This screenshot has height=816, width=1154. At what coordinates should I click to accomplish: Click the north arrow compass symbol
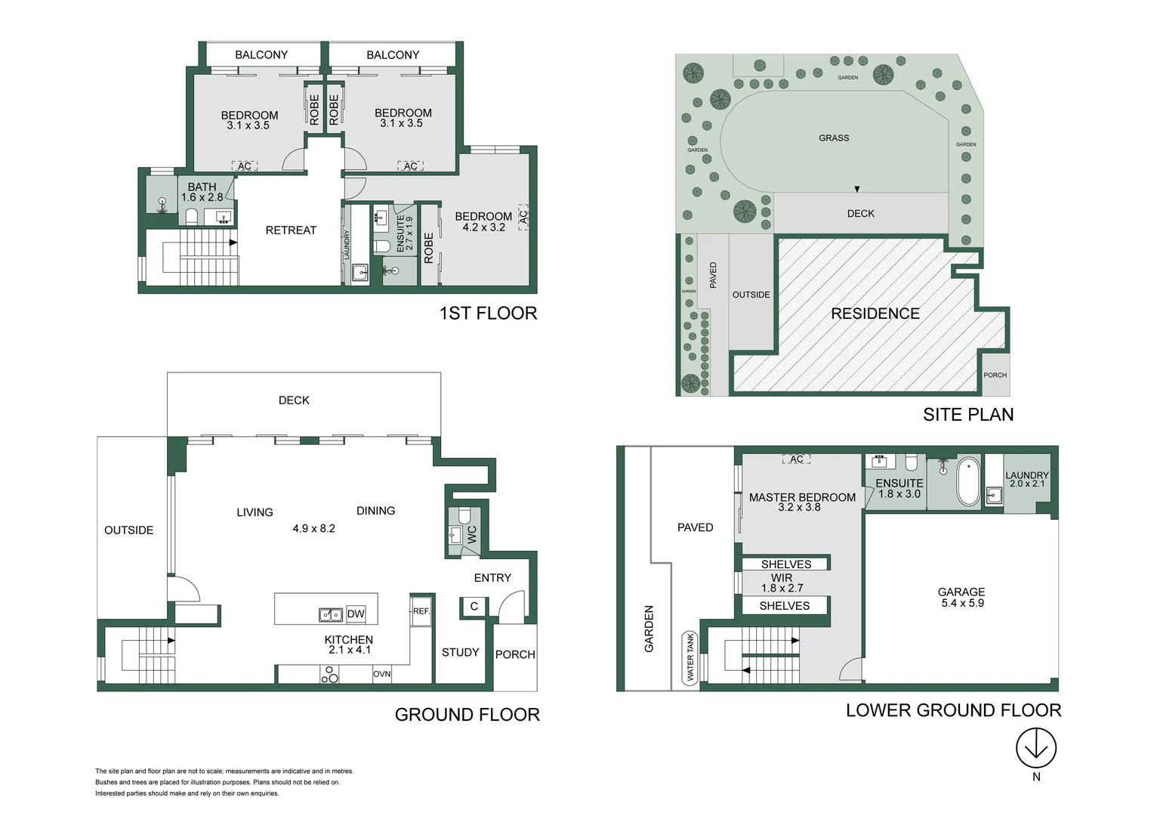point(1035,748)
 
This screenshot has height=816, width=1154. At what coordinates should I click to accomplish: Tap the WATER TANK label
point(690,657)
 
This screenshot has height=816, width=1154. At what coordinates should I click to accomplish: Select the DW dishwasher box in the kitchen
point(355,614)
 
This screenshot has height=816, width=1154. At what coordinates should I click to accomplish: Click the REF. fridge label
point(421,611)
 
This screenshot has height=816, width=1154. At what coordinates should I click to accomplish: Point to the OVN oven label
point(382,674)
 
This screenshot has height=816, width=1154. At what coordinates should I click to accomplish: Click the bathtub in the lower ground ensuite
point(968,481)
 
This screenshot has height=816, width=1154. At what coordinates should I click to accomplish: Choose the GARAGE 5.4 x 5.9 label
point(961,598)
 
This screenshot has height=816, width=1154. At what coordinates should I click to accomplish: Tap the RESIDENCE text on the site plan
point(875,314)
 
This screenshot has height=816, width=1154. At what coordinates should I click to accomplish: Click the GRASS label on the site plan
point(834,138)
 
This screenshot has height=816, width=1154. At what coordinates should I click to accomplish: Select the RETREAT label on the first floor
point(291,230)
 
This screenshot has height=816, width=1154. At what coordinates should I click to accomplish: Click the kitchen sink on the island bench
point(331,615)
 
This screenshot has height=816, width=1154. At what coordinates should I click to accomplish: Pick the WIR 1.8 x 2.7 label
point(782,583)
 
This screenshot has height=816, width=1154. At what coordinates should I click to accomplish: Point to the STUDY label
point(460,652)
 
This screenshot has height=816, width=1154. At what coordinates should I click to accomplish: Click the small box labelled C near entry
point(474,607)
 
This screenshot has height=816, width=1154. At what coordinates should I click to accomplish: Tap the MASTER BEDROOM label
point(802,502)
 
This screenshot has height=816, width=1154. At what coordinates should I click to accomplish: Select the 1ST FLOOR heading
point(488,313)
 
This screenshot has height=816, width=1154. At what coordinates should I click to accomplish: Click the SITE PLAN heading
point(967,414)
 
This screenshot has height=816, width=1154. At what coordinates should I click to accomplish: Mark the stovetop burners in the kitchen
point(329,674)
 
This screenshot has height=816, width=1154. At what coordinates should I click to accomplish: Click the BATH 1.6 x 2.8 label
point(202,192)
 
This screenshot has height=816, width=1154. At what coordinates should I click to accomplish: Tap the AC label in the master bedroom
point(797,459)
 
